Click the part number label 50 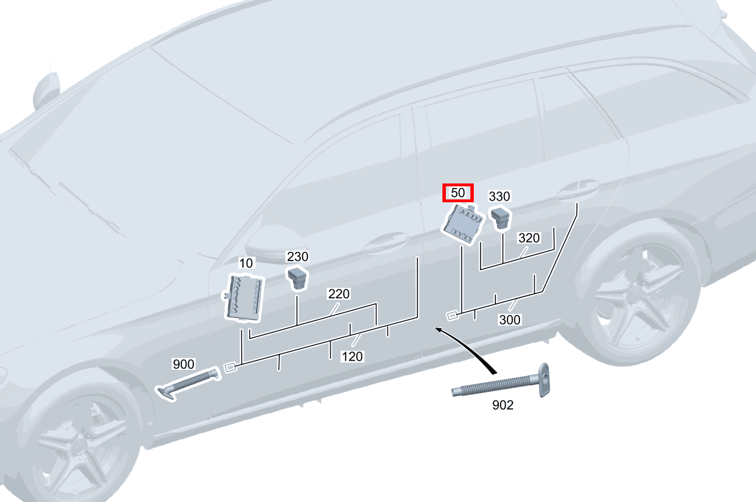[458, 193]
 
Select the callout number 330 [499, 197]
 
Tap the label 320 [529, 238]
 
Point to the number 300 [510, 320]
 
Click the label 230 [297, 257]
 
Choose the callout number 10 [246, 263]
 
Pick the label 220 [339, 294]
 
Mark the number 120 [352, 356]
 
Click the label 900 [184, 364]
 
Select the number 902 [502, 405]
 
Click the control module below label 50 [464, 225]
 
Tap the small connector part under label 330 [500, 218]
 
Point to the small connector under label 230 [297, 277]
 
